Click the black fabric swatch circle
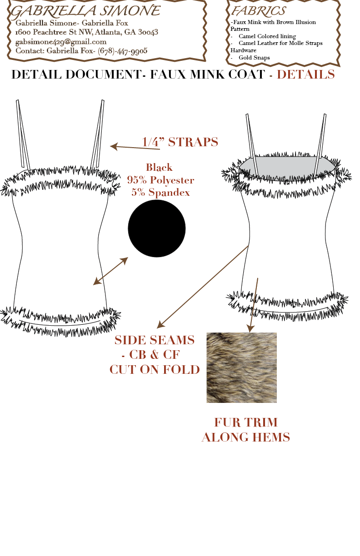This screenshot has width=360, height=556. pyautogui.click(x=157, y=228)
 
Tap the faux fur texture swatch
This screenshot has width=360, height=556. pyautogui.click(x=241, y=367)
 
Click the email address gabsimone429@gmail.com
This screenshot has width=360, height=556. pyautogui.click(x=61, y=42)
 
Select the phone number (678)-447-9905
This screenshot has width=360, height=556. pyautogui.click(x=122, y=51)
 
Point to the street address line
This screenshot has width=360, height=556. pyautogui.click(x=86, y=32)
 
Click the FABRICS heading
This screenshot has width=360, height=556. pyautogui.click(x=259, y=11)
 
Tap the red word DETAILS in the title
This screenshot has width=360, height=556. pyautogui.click(x=306, y=74)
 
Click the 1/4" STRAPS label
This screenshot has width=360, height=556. pyautogui.click(x=180, y=142)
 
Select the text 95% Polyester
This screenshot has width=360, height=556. pyautogui.click(x=160, y=180)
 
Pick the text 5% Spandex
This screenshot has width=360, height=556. pyautogui.click(x=160, y=192)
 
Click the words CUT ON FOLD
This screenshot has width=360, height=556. pyautogui.click(x=155, y=370)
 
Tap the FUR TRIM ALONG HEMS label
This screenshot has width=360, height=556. pyautogui.click(x=246, y=430)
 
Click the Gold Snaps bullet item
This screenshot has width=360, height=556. pyautogui.click(x=254, y=58)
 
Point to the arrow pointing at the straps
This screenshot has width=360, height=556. pyautogui.click(x=135, y=148)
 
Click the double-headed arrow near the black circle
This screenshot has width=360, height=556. pyautogui.click(x=110, y=271)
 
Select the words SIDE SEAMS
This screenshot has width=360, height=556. pyautogui.click(x=154, y=340)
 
